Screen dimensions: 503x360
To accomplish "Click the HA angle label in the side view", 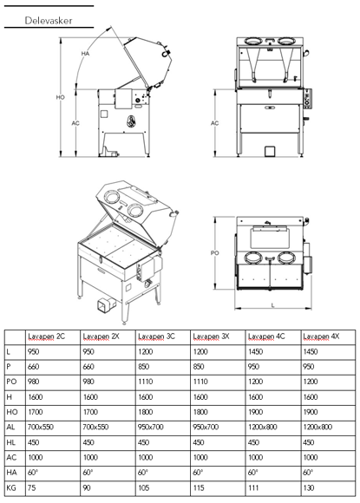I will click(86, 54).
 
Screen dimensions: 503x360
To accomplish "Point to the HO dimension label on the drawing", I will click(61, 98).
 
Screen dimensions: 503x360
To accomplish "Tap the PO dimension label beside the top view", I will click(216, 253).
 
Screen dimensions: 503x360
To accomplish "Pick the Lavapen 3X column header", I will click(210, 336).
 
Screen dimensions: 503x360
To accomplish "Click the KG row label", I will click(10, 488).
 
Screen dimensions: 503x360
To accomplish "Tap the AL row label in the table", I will click(10, 426).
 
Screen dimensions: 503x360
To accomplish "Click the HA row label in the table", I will click(10, 473).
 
